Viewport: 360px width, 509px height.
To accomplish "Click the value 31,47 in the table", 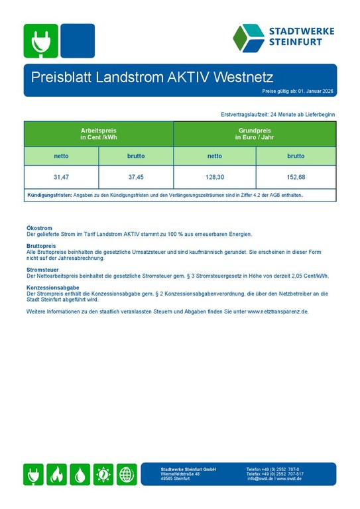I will tap(61, 177).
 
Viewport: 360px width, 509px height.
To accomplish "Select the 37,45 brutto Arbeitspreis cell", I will tap(136, 177).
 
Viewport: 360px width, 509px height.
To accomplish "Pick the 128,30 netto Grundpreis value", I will tap(215, 177).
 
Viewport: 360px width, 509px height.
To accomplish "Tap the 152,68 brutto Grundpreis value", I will tap(296, 177).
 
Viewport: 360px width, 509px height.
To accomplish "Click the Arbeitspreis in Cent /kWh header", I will tap(99, 134).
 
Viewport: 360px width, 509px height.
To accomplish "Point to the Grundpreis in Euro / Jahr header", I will tap(255, 134).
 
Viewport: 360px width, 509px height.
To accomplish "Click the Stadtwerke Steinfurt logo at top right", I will tap(283, 38).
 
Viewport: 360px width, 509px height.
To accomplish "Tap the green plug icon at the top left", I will tap(40, 41).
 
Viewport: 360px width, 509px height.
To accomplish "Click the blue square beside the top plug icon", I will tap(77, 41).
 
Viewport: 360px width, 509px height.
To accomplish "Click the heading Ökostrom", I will tap(39, 228).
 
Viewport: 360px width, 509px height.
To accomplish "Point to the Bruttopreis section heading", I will tap(41, 245).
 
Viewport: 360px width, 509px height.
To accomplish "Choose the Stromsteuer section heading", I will tap(42, 270).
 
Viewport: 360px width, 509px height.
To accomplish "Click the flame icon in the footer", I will tap(58, 474).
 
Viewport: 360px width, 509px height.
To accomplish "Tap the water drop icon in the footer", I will tap(80, 474).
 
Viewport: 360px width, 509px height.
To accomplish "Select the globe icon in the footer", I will tap(127, 474).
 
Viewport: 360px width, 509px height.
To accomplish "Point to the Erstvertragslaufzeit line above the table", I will tap(278, 115).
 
